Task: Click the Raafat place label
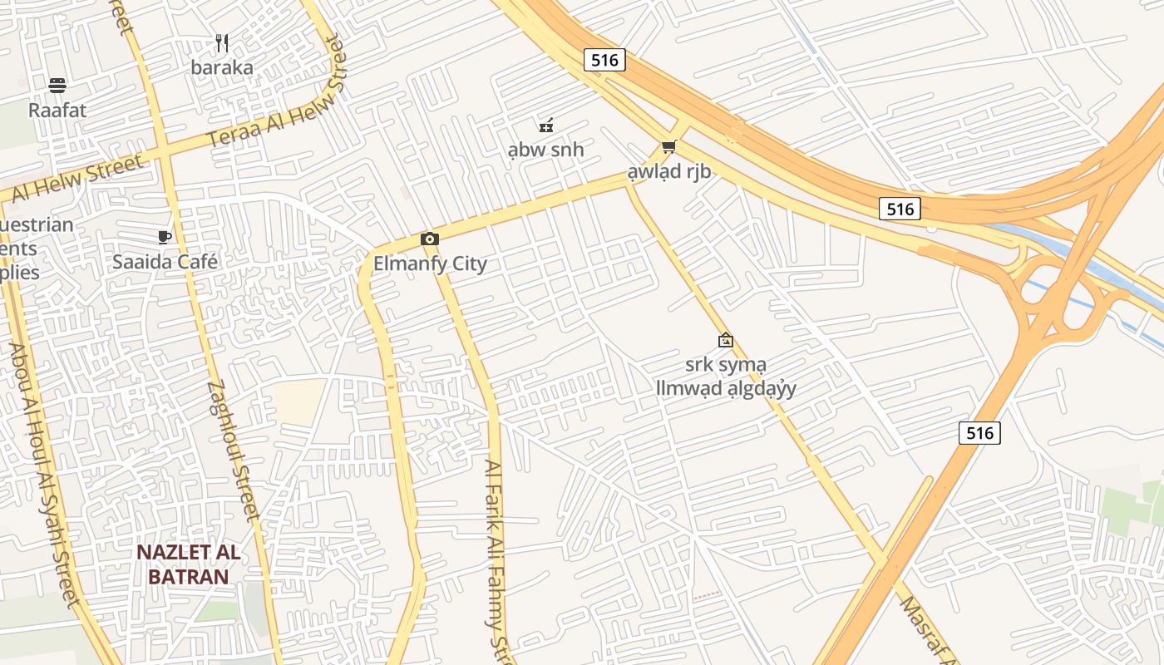tap(57, 110)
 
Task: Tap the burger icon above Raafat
tap(57, 85)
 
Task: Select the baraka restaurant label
tap(222, 67)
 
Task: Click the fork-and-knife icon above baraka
tap(222, 42)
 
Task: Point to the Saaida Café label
tap(165, 262)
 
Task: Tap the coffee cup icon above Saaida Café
tap(165, 237)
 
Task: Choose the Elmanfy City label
tap(430, 264)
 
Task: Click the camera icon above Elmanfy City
tap(430, 239)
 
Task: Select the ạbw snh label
tap(546, 150)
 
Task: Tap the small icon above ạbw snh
tap(546, 126)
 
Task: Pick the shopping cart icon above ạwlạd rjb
tap(668, 147)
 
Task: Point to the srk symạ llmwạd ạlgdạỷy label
tap(726, 377)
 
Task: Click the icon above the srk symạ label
tap(726, 340)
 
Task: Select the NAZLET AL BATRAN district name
tap(188, 564)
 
